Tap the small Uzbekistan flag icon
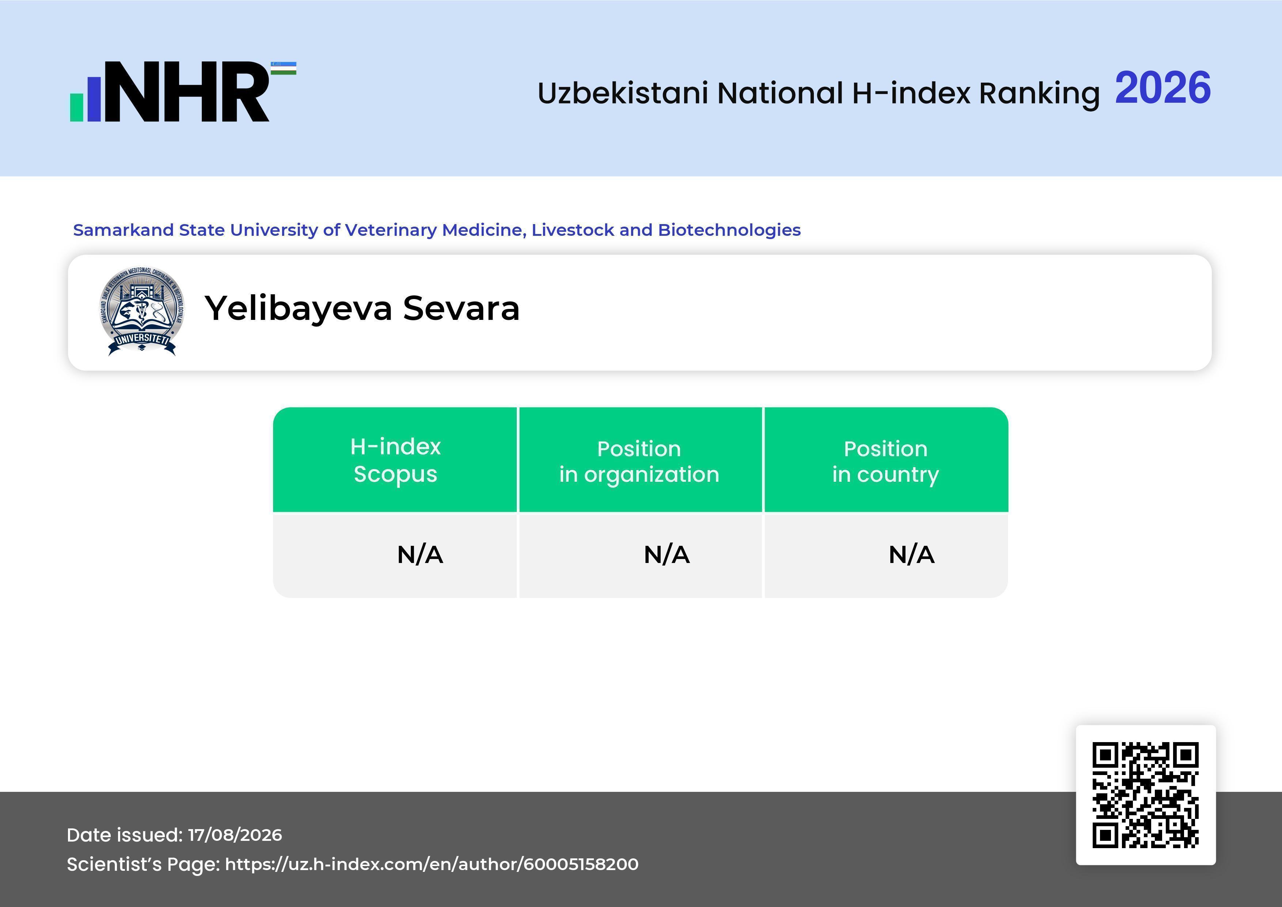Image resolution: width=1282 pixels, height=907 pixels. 284,68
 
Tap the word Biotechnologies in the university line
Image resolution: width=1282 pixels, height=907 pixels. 729,230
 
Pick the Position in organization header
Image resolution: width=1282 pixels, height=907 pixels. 639,461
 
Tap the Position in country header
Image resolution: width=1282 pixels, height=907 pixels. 885,461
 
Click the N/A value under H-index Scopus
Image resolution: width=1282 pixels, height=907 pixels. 420,555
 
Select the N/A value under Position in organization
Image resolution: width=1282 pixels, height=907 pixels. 667,555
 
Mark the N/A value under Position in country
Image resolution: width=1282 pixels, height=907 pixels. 911,555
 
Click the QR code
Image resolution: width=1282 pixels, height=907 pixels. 1146,795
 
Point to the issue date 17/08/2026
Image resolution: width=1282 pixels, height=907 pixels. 235,835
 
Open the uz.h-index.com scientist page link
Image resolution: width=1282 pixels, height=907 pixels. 432,864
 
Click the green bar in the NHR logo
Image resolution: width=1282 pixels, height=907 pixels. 76,107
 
